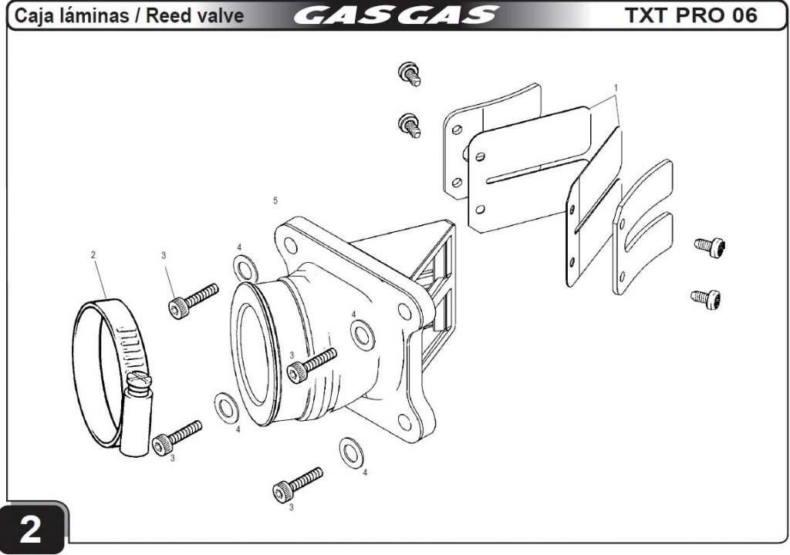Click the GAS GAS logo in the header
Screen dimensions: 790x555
tap(396, 15)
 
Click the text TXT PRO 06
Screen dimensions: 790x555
tap(690, 15)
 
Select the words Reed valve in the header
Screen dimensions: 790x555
tap(194, 15)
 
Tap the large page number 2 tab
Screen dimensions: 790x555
tap(31, 529)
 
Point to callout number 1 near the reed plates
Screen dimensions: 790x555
tap(616, 88)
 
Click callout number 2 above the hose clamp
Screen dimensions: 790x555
tap(93, 255)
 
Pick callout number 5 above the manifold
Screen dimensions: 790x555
tap(275, 201)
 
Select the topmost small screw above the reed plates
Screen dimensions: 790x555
tap(409, 74)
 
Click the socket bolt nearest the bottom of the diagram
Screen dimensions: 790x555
tap(297, 484)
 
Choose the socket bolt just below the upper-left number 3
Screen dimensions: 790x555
tap(193, 301)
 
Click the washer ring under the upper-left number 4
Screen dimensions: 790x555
tap(246, 269)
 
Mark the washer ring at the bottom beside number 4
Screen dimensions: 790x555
tap(352, 452)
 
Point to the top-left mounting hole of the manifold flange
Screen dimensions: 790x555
tap(291, 245)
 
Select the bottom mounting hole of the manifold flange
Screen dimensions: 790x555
tap(404, 422)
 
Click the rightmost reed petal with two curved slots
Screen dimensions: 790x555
tap(643, 227)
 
